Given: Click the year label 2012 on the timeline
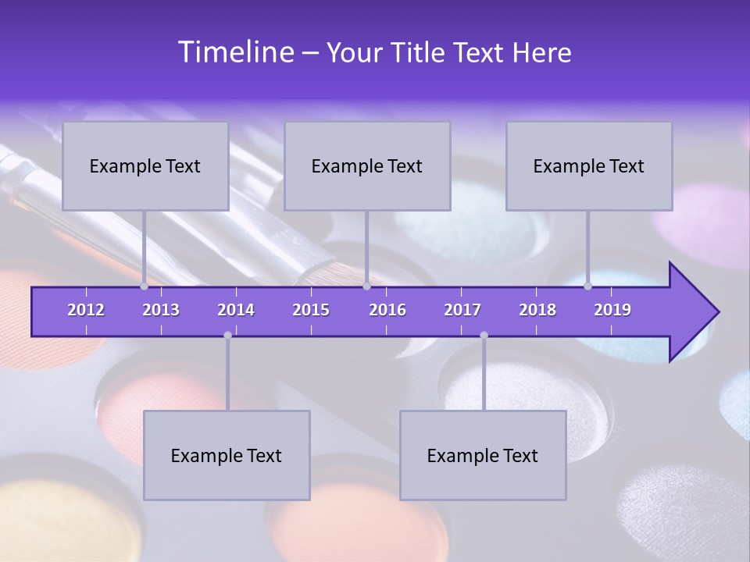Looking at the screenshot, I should click(86, 310).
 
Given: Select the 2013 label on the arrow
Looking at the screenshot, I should click(161, 310).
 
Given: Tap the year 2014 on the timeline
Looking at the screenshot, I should click(236, 310).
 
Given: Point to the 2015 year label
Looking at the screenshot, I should click(311, 310).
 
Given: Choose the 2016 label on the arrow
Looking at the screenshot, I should click(387, 310).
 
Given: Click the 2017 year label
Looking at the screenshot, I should click(462, 310).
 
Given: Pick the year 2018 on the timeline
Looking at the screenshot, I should click(537, 310).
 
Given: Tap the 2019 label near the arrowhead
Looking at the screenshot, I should click(612, 310).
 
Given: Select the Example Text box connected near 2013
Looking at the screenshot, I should click(145, 166).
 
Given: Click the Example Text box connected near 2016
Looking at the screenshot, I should click(367, 166).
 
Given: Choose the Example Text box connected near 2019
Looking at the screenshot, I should click(589, 166).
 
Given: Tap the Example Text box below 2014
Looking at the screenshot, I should click(227, 456).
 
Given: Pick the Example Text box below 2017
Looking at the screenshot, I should click(483, 456).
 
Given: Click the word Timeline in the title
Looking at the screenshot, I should click(235, 52).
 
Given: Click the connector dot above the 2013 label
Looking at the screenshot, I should click(145, 286).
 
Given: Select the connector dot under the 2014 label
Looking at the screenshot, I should click(227, 335).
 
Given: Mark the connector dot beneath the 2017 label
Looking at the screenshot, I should click(484, 335).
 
